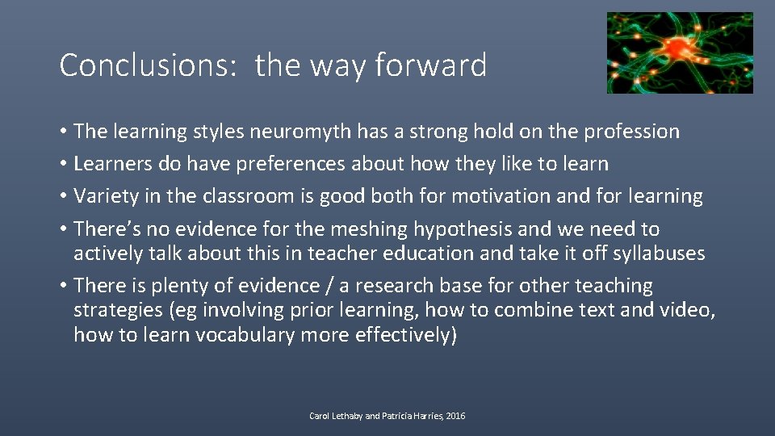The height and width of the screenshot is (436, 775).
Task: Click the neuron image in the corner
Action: (x=679, y=52)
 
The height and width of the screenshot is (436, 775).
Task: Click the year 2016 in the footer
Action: (x=454, y=416)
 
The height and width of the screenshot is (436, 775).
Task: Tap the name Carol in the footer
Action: (x=320, y=416)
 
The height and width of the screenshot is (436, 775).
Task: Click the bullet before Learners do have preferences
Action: (x=63, y=164)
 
